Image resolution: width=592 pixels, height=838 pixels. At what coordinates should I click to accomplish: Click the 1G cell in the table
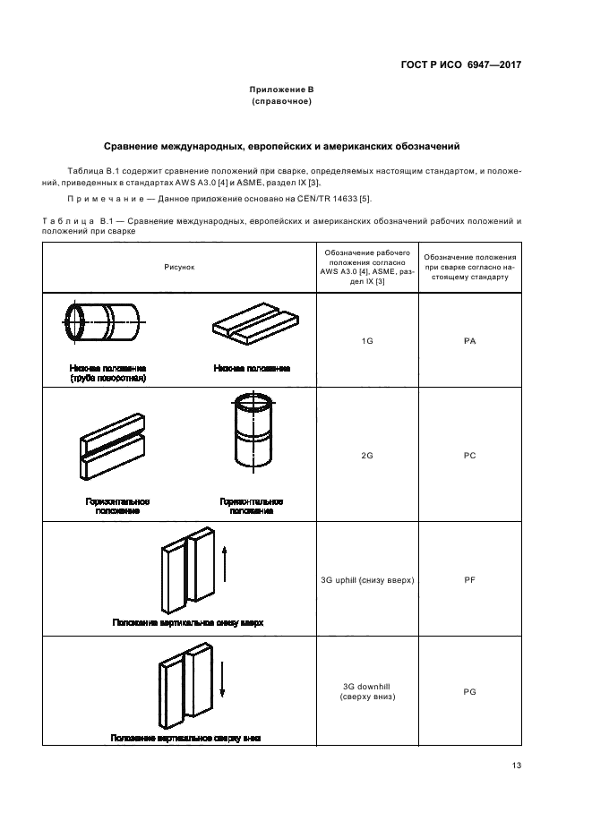tap(366, 341)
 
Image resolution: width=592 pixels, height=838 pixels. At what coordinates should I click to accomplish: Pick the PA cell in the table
tap(468, 341)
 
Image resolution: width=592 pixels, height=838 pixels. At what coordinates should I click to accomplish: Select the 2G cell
tap(366, 455)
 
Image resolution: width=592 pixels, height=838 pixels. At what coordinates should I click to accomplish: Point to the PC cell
tap(468, 455)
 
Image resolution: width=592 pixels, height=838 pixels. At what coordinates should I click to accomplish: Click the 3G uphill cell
tap(366, 580)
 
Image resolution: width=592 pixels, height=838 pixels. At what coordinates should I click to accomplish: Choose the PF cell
tap(468, 580)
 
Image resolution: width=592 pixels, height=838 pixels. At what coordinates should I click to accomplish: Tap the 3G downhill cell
tap(366, 690)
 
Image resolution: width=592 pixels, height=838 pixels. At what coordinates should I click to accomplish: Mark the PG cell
tap(468, 691)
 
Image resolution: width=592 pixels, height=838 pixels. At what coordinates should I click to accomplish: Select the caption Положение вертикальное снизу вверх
tap(187, 621)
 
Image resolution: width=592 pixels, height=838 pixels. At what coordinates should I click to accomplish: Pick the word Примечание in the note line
tap(107, 198)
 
